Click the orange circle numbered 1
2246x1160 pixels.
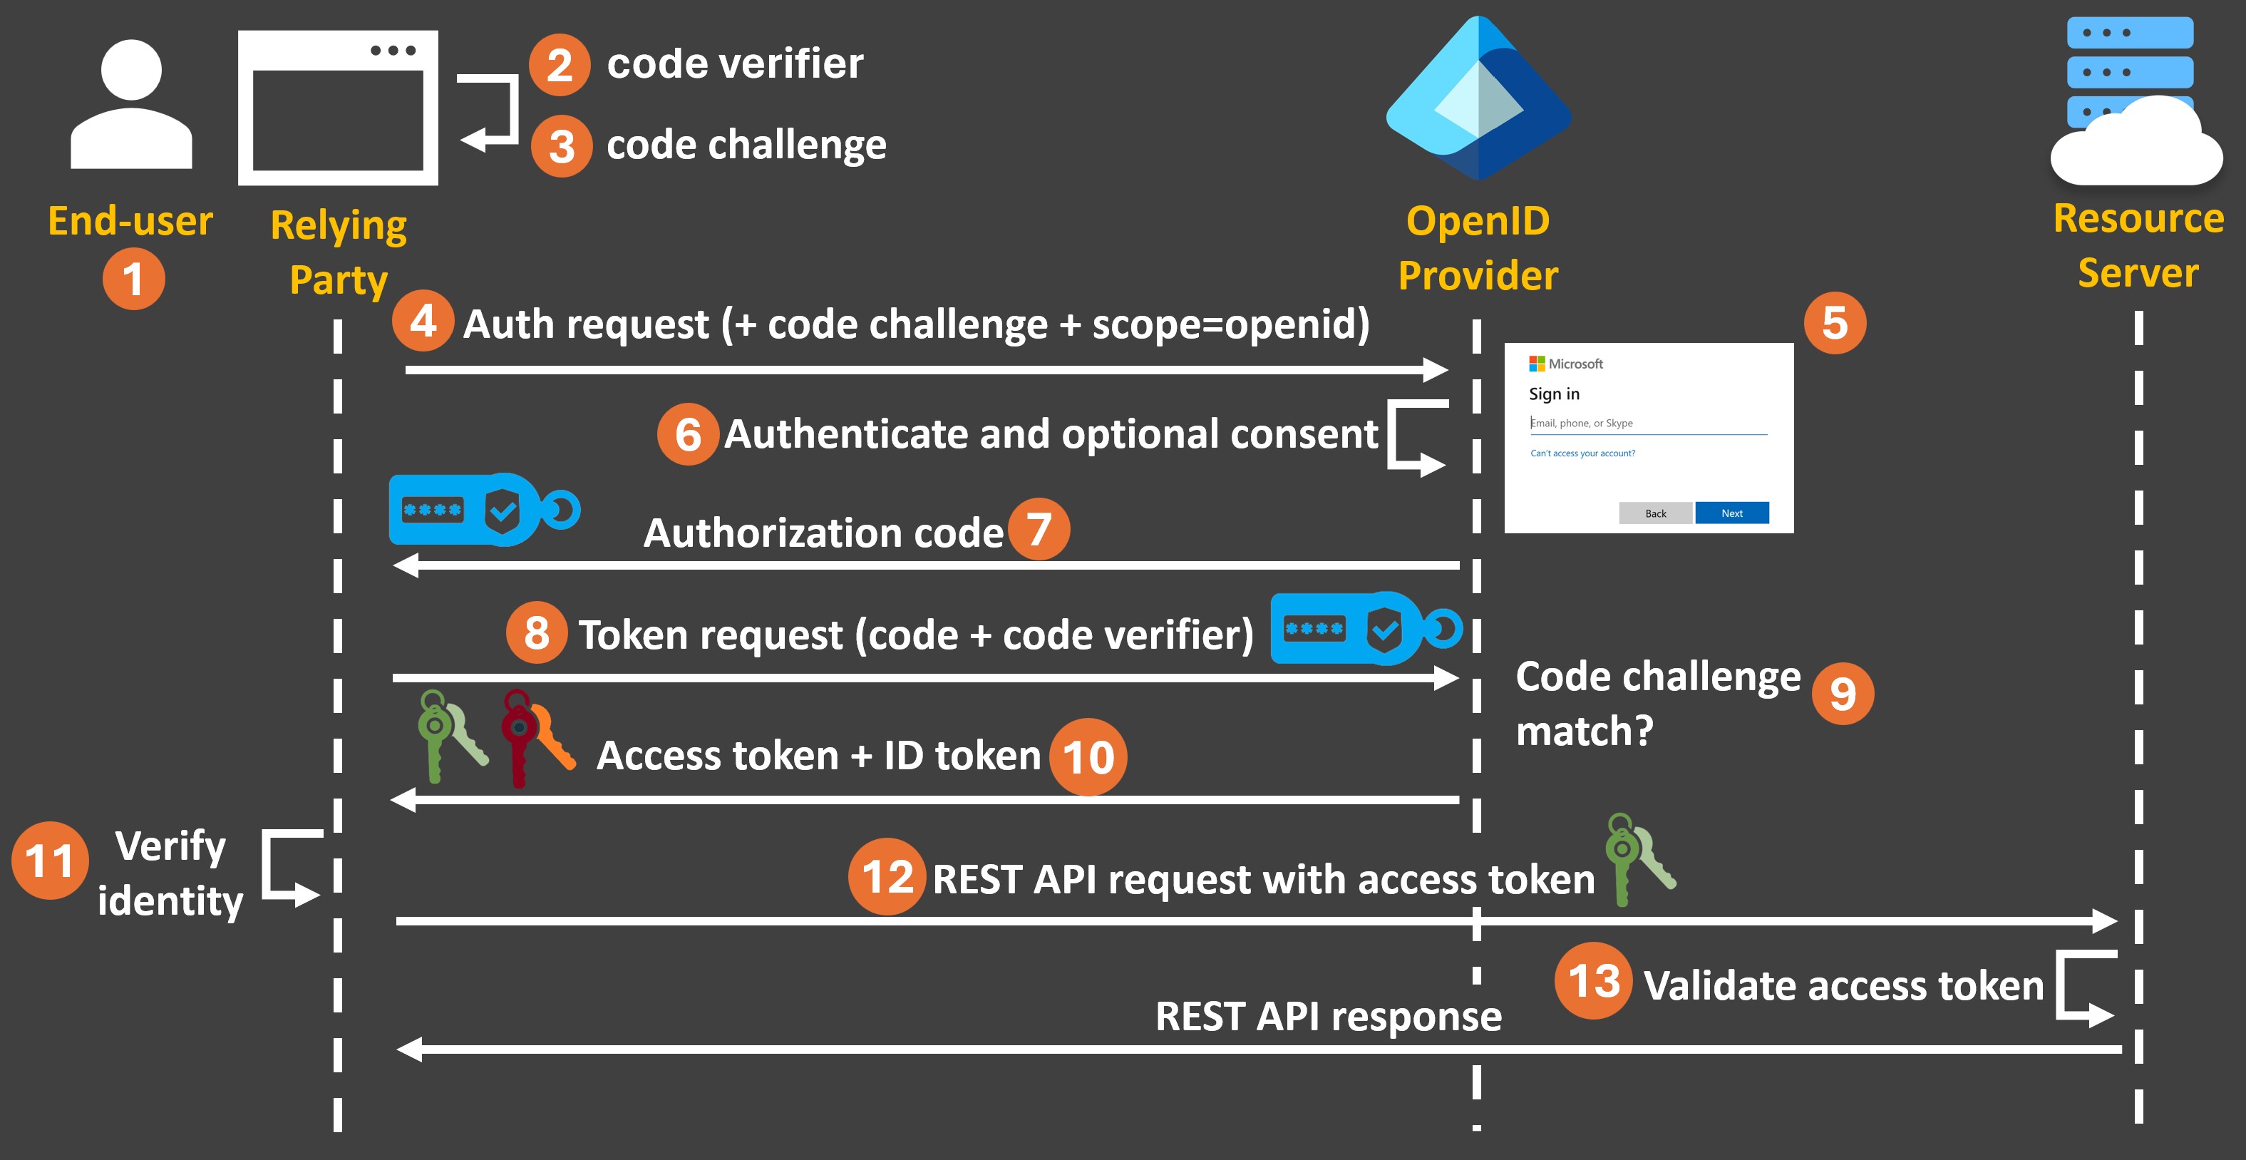133,279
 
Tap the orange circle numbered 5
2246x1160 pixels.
1835,323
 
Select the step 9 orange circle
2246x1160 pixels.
1843,694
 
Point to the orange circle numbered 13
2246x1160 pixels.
1593,981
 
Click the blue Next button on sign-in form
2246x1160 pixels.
1731,513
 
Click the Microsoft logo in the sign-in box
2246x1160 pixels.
1536,364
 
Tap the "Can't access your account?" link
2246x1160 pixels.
1582,453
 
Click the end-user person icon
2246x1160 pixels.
130,105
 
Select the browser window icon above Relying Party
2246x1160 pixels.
339,108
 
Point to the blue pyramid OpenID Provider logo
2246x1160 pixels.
1479,101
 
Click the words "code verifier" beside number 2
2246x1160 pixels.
734,63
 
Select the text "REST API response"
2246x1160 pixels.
1328,1017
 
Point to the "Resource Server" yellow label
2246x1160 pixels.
2138,245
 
